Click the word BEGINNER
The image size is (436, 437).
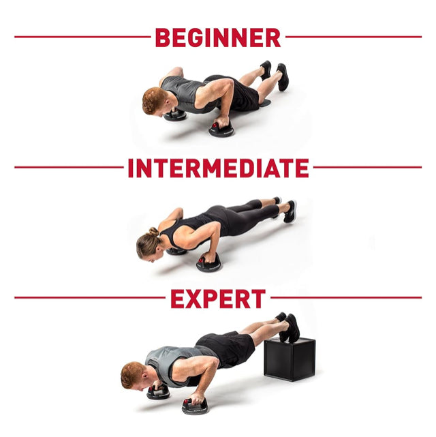coord(218,37)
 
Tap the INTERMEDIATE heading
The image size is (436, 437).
coord(218,168)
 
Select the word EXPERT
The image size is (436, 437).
coord(218,298)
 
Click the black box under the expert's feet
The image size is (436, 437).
coord(290,359)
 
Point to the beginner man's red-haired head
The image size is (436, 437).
coord(154,101)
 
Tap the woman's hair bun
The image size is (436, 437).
coord(153,232)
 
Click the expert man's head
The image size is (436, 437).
coord(133,375)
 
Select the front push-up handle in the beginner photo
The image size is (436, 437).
coord(221,129)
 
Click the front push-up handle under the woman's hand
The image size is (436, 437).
coord(209,263)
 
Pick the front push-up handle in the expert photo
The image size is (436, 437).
coord(195,406)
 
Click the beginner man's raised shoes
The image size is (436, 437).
coord(276,75)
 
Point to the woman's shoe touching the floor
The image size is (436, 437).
coord(290,212)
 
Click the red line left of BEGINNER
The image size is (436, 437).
coord(82,37)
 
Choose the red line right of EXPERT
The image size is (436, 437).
coord(346,298)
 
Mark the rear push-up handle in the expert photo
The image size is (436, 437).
coord(158,392)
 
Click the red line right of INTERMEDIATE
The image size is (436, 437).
coord(367,167)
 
